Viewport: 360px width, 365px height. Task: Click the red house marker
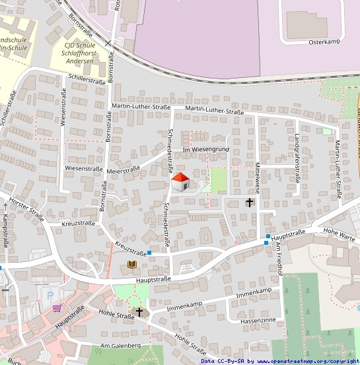180,181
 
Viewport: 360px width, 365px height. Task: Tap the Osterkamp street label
324,42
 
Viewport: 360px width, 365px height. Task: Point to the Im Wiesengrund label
205,150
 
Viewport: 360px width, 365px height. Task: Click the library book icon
132,265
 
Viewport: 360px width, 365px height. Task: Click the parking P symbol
50,295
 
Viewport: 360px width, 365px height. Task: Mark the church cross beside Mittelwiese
250,202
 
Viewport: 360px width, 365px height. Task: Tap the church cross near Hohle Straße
139,311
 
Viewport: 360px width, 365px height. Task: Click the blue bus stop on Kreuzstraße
150,252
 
